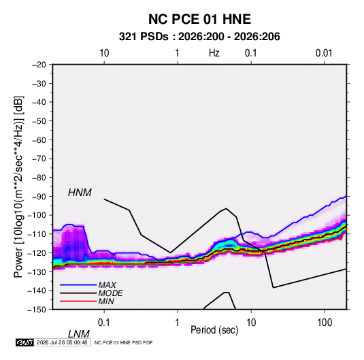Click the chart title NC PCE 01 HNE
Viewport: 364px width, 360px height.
pos(199,19)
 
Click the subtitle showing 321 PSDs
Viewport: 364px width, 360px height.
pos(199,37)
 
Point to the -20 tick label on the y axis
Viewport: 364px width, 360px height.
pos(39,65)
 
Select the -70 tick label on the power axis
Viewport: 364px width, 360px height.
pos(39,159)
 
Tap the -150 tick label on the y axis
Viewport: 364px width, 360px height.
pos(37,310)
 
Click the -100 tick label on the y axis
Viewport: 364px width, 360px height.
pos(37,215)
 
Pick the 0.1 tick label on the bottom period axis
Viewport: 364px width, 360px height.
pos(103,323)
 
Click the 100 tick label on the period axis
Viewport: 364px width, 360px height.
pos(325,323)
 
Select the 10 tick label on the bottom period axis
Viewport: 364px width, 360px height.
pos(251,323)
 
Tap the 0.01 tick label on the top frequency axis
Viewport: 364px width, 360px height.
pos(324,53)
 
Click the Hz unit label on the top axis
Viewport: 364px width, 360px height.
pos(214,53)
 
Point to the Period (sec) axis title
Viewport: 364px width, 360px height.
pos(214,330)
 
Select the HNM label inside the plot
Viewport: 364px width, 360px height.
pos(80,193)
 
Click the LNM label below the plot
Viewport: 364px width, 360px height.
pos(79,334)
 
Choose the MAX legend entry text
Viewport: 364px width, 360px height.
pos(107,285)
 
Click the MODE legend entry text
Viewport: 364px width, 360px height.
pos(111,293)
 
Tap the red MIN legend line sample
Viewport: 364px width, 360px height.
pos(78,301)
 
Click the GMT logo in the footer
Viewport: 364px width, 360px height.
pos(25,342)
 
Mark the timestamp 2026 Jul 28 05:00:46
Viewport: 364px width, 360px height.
pos(62,342)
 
